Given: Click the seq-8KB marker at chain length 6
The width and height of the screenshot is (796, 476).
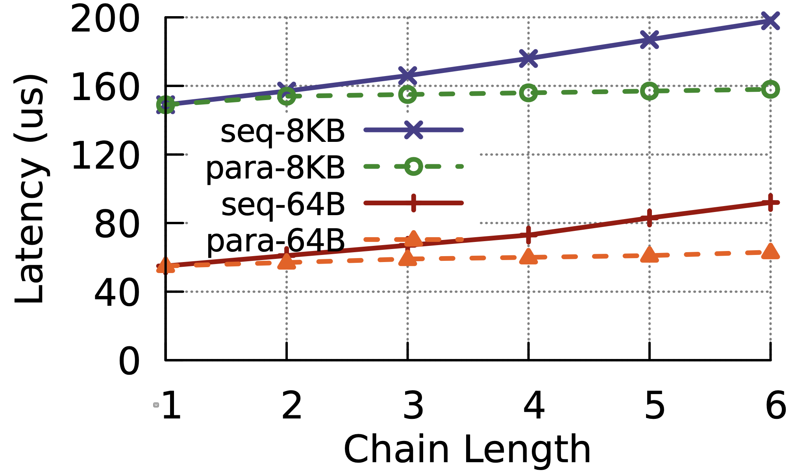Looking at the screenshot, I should [770, 20].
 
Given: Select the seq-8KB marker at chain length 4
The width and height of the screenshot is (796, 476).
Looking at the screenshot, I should [528, 58].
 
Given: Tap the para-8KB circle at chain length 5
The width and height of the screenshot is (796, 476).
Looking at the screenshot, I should [649, 91].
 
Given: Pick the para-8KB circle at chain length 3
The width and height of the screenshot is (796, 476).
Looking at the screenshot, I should [407, 95].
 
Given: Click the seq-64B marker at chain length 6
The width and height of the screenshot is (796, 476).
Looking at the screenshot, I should [770, 203].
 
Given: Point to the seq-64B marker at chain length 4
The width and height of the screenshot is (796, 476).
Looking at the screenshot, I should [528, 235].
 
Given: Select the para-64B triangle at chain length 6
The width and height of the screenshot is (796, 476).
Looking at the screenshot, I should [770, 252].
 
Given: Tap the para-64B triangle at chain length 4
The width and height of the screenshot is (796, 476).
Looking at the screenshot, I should [528, 257].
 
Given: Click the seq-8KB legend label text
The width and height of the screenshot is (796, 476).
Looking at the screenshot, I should [283, 132].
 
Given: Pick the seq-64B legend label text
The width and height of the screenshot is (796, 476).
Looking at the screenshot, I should [283, 205].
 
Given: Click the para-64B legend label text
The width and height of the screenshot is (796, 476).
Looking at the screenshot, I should [276, 241].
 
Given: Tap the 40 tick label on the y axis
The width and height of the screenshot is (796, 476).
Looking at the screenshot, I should [117, 294].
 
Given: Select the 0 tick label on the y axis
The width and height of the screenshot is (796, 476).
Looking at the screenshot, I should [129, 362].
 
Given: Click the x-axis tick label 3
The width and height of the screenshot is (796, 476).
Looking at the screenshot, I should [413, 406].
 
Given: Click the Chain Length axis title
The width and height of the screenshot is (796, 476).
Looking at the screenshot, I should [467, 450].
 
